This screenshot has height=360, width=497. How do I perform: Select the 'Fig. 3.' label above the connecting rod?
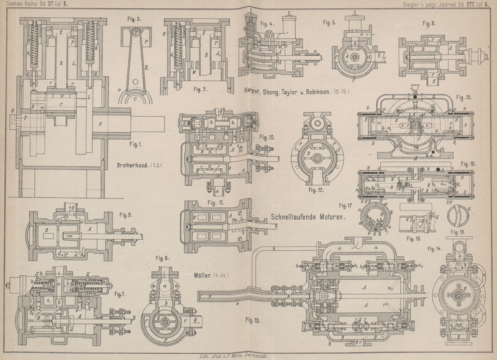pyautogui.click(x=134, y=19)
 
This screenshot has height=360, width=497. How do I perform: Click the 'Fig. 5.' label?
pyautogui.click(x=330, y=23)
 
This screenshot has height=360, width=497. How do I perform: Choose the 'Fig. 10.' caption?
pyautogui.click(x=267, y=137)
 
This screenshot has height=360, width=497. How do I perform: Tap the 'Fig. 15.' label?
pyautogui.click(x=463, y=97)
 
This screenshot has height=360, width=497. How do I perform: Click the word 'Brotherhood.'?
pyautogui.click(x=135, y=166)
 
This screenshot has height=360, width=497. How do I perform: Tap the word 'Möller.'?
pyautogui.click(x=198, y=274)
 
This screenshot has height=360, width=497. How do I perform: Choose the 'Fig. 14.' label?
pyautogui.click(x=435, y=248)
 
